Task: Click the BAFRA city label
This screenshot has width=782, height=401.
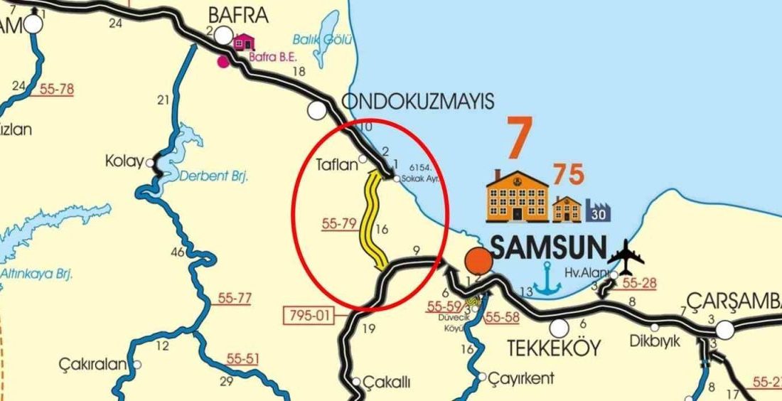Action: tap(237, 14)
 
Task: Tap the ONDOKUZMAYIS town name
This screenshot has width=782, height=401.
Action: tap(417, 102)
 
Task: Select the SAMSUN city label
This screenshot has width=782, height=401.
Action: tap(548, 248)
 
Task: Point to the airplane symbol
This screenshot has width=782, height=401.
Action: tap(626, 257)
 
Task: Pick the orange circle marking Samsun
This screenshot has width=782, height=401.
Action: tap(479, 260)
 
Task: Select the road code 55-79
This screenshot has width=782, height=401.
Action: tap(338, 224)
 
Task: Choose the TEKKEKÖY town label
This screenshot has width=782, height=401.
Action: tap(554, 348)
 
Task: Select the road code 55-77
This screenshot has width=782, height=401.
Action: tap(235, 299)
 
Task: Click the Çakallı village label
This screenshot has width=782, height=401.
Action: tap(387, 383)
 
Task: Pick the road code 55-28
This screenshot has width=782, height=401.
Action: tap(638, 283)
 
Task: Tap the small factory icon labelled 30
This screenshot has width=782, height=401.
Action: tap(599, 211)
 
